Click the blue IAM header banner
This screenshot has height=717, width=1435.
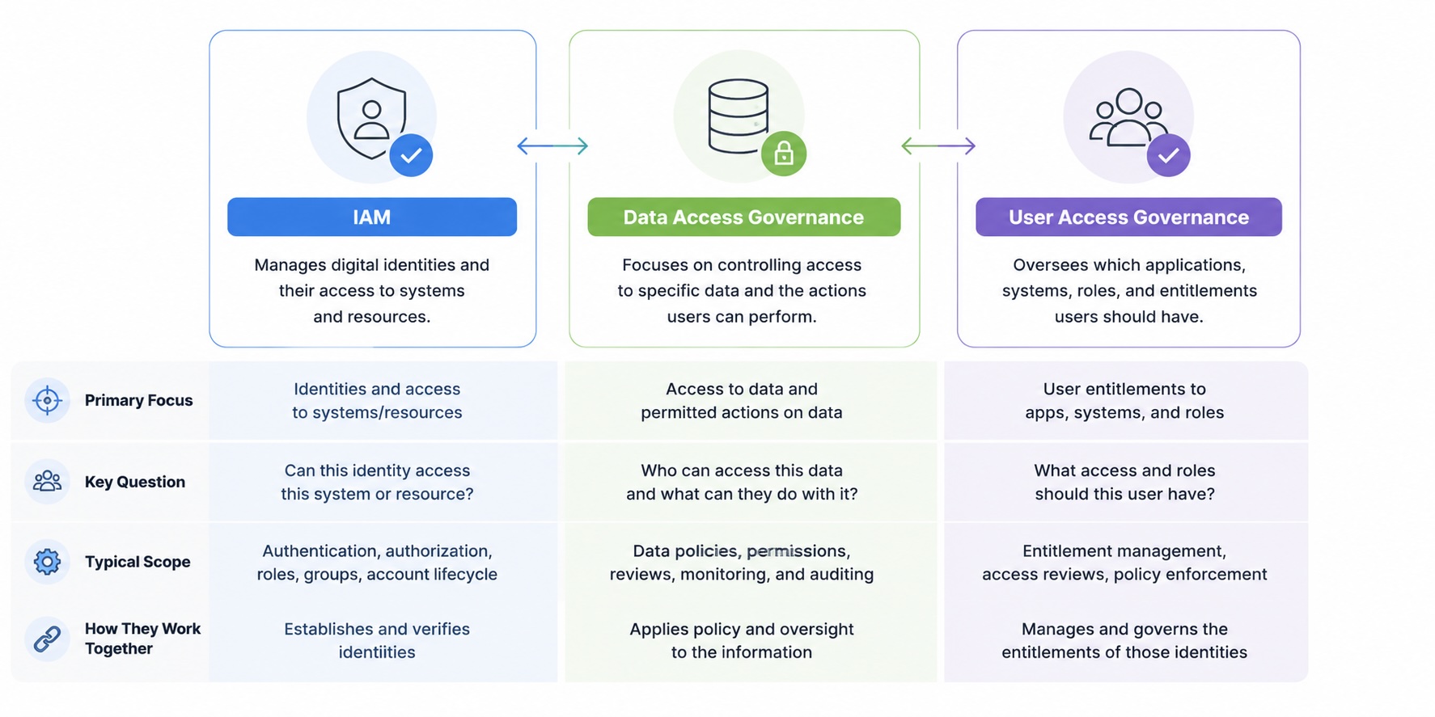pos(372,217)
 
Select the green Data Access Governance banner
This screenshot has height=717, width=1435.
pos(743,217)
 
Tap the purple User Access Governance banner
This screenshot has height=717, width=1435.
pos(1128,217)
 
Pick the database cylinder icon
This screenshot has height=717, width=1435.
pos(738,116)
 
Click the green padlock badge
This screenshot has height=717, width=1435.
pos(784,154)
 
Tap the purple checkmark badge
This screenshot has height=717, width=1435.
pos(1168,155)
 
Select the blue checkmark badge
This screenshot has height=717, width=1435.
pos(411,155)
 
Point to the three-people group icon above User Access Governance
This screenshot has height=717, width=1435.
pos(1128,117)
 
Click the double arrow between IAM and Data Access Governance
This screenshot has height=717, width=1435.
pos(552,146)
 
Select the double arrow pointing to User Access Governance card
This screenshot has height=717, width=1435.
pos(938,146)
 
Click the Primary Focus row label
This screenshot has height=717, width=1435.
pos(139,400)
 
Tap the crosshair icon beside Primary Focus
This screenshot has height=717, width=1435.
pos(47,400)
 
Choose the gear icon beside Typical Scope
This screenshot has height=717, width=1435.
pos(47,561)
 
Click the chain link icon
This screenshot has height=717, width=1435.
pos(47,639)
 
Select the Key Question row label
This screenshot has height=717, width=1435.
pos(135,482)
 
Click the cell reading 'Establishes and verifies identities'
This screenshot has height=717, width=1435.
pos(377,640)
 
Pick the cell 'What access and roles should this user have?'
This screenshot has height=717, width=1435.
pos(1124,482)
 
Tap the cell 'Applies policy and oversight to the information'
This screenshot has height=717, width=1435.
pos(742,640)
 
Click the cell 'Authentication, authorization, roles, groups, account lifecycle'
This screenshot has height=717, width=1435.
pos(377,563)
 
